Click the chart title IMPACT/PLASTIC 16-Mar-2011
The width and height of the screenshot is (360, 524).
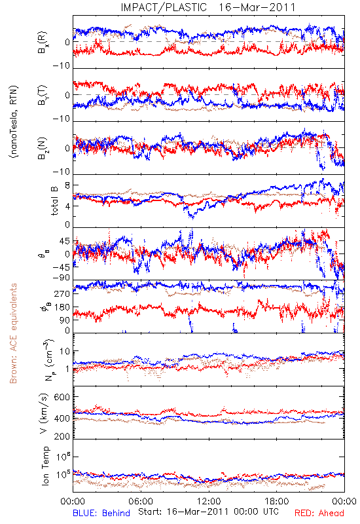coord(208,7)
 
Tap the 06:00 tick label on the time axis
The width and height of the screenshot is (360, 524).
coord(141,501)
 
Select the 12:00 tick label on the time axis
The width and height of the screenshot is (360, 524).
coord(209,501)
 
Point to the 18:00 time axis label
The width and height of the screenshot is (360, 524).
coord(277,501)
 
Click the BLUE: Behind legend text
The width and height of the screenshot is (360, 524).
coord(101,513)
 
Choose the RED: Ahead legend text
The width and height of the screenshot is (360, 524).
coord(319,513)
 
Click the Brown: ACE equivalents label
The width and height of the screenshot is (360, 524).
coord(12,333)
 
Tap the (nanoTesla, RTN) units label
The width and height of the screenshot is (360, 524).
coord(14,122)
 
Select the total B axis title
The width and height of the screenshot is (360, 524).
coord(54,201)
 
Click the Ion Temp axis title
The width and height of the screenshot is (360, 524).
coord(45,466)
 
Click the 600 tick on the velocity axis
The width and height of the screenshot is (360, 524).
coord(62,397)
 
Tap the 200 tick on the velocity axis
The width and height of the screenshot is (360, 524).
coord(62,436)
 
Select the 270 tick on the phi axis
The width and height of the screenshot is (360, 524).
coord(62,293)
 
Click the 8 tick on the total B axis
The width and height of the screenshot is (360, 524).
coord(67,185)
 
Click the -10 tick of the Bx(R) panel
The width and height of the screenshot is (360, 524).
coord(62,66)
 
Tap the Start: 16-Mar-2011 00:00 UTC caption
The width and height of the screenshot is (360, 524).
coord(208,512)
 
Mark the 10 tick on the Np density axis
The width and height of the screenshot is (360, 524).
coord(65,352)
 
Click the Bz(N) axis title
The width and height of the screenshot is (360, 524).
coord(43,148)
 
